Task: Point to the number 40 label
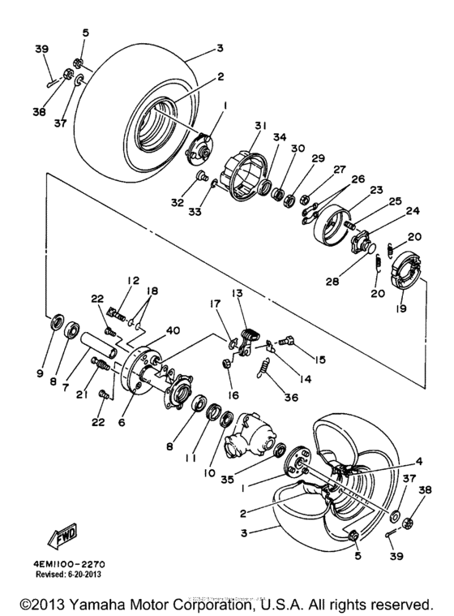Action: point(172,330)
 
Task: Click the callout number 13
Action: point(238,293)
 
